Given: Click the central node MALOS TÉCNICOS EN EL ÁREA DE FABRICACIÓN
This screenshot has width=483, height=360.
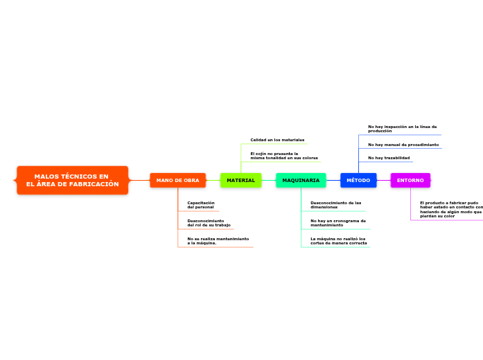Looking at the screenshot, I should [x=73, y=180].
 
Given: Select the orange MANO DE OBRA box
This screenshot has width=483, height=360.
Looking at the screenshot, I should [x=177, y=180].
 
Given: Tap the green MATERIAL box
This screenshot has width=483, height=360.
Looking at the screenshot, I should [x=240, y=180].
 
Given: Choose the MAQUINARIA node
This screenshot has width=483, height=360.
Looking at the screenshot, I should [x=301, y=180].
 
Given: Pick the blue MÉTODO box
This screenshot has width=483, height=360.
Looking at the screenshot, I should [x=358, y=180].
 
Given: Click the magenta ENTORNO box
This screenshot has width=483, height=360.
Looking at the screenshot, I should [x=410, y=180].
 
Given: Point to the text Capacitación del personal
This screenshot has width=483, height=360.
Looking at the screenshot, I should [x=201, y=205].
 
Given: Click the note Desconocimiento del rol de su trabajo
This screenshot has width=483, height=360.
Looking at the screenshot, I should [x=209, y=223].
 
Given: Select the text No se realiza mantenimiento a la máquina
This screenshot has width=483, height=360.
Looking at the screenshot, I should [x=218, y=241].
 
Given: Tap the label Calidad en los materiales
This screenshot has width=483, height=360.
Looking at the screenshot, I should [x=277, y=140].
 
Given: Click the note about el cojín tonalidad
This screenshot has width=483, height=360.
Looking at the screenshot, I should [x=284, y=156].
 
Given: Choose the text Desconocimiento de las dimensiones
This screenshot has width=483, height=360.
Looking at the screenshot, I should [x=336, y=205].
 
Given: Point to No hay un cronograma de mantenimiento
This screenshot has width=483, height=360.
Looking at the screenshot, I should [x=338, y=223].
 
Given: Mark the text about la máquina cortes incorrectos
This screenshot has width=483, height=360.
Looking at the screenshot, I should [x=339, y=241].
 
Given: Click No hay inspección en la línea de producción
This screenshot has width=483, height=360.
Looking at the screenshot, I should [x=403, y=129].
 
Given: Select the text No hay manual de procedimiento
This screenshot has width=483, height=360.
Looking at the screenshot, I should [x=403, y=145].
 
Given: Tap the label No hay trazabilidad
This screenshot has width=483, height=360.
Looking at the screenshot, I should [x=389, y=158].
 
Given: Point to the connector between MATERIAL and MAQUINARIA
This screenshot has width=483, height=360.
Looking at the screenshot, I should [x=268, y=180].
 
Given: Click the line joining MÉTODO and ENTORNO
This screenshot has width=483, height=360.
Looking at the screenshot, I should [x=383, y=180].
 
